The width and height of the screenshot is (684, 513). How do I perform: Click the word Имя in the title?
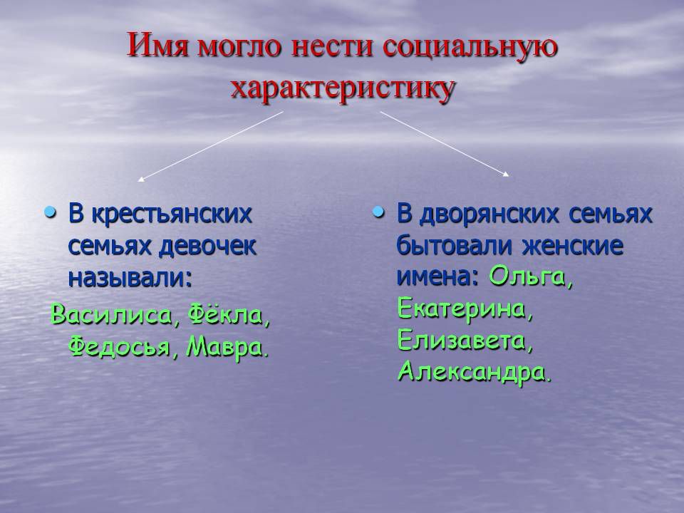pos(157,46)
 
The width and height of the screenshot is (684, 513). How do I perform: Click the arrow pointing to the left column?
pos(211,146)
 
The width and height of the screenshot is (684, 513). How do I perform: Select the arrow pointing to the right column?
pos(445,144)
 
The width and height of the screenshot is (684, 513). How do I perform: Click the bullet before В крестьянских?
pos(51,213)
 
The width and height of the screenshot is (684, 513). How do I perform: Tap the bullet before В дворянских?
pos(378,213)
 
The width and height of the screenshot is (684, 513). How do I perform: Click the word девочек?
pos(207,247)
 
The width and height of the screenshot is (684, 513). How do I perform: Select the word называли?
pos(130,278)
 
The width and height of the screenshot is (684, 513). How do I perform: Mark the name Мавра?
pos(227,347)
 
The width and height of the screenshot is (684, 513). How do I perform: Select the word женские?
pos(573,246)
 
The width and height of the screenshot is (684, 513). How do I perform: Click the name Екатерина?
pos(465,309)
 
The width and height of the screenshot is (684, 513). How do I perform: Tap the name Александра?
pos(475,373)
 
